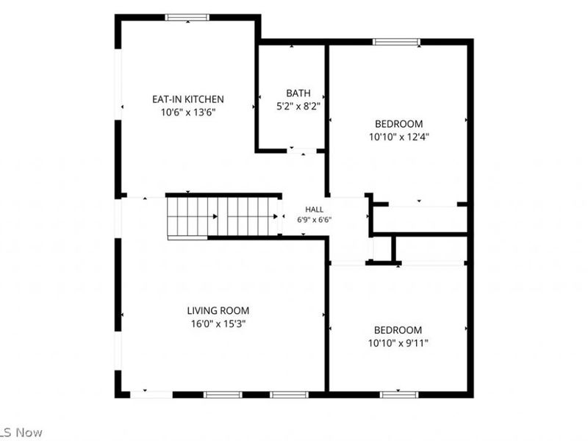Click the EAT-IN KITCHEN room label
[188, 99]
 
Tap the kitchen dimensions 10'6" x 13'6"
[188, 112]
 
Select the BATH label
[298, 93]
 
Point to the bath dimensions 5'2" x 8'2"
[298, 106]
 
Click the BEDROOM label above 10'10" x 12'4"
[399, 123]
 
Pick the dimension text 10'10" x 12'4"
[399, 137]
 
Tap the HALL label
[315, 209]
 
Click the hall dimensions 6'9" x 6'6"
[315, 220]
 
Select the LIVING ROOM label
[218, 310]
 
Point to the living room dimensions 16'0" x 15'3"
[218, 323]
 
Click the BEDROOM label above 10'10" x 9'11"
[398, 330]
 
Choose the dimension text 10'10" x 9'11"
[398, 343]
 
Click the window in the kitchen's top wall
[187, 17]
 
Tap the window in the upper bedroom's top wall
[396, 42]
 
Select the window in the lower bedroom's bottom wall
[399, 395]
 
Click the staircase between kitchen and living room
[223, 217]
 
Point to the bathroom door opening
[302, 151]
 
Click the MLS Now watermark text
[21, 432]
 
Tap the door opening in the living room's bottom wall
[151, 395]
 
